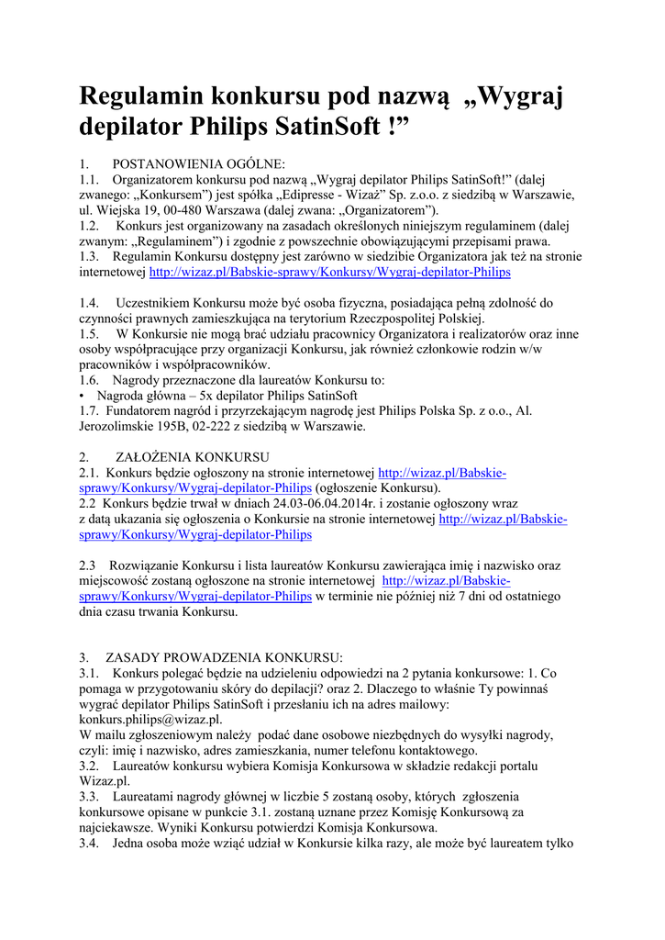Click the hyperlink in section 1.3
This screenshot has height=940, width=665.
[x=329, y=273]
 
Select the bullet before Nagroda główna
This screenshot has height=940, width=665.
[x=83, y=396]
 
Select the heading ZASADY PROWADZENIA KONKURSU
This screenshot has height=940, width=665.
[x=224, y=657]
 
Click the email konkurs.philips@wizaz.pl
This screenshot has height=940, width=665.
[x=150, y=720]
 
